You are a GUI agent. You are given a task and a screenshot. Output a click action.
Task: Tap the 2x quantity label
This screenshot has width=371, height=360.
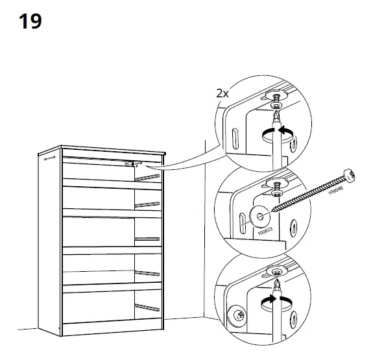tap(222, 93)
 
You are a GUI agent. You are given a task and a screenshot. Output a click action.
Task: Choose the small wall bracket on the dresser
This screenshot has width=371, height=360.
tap(131, 164)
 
